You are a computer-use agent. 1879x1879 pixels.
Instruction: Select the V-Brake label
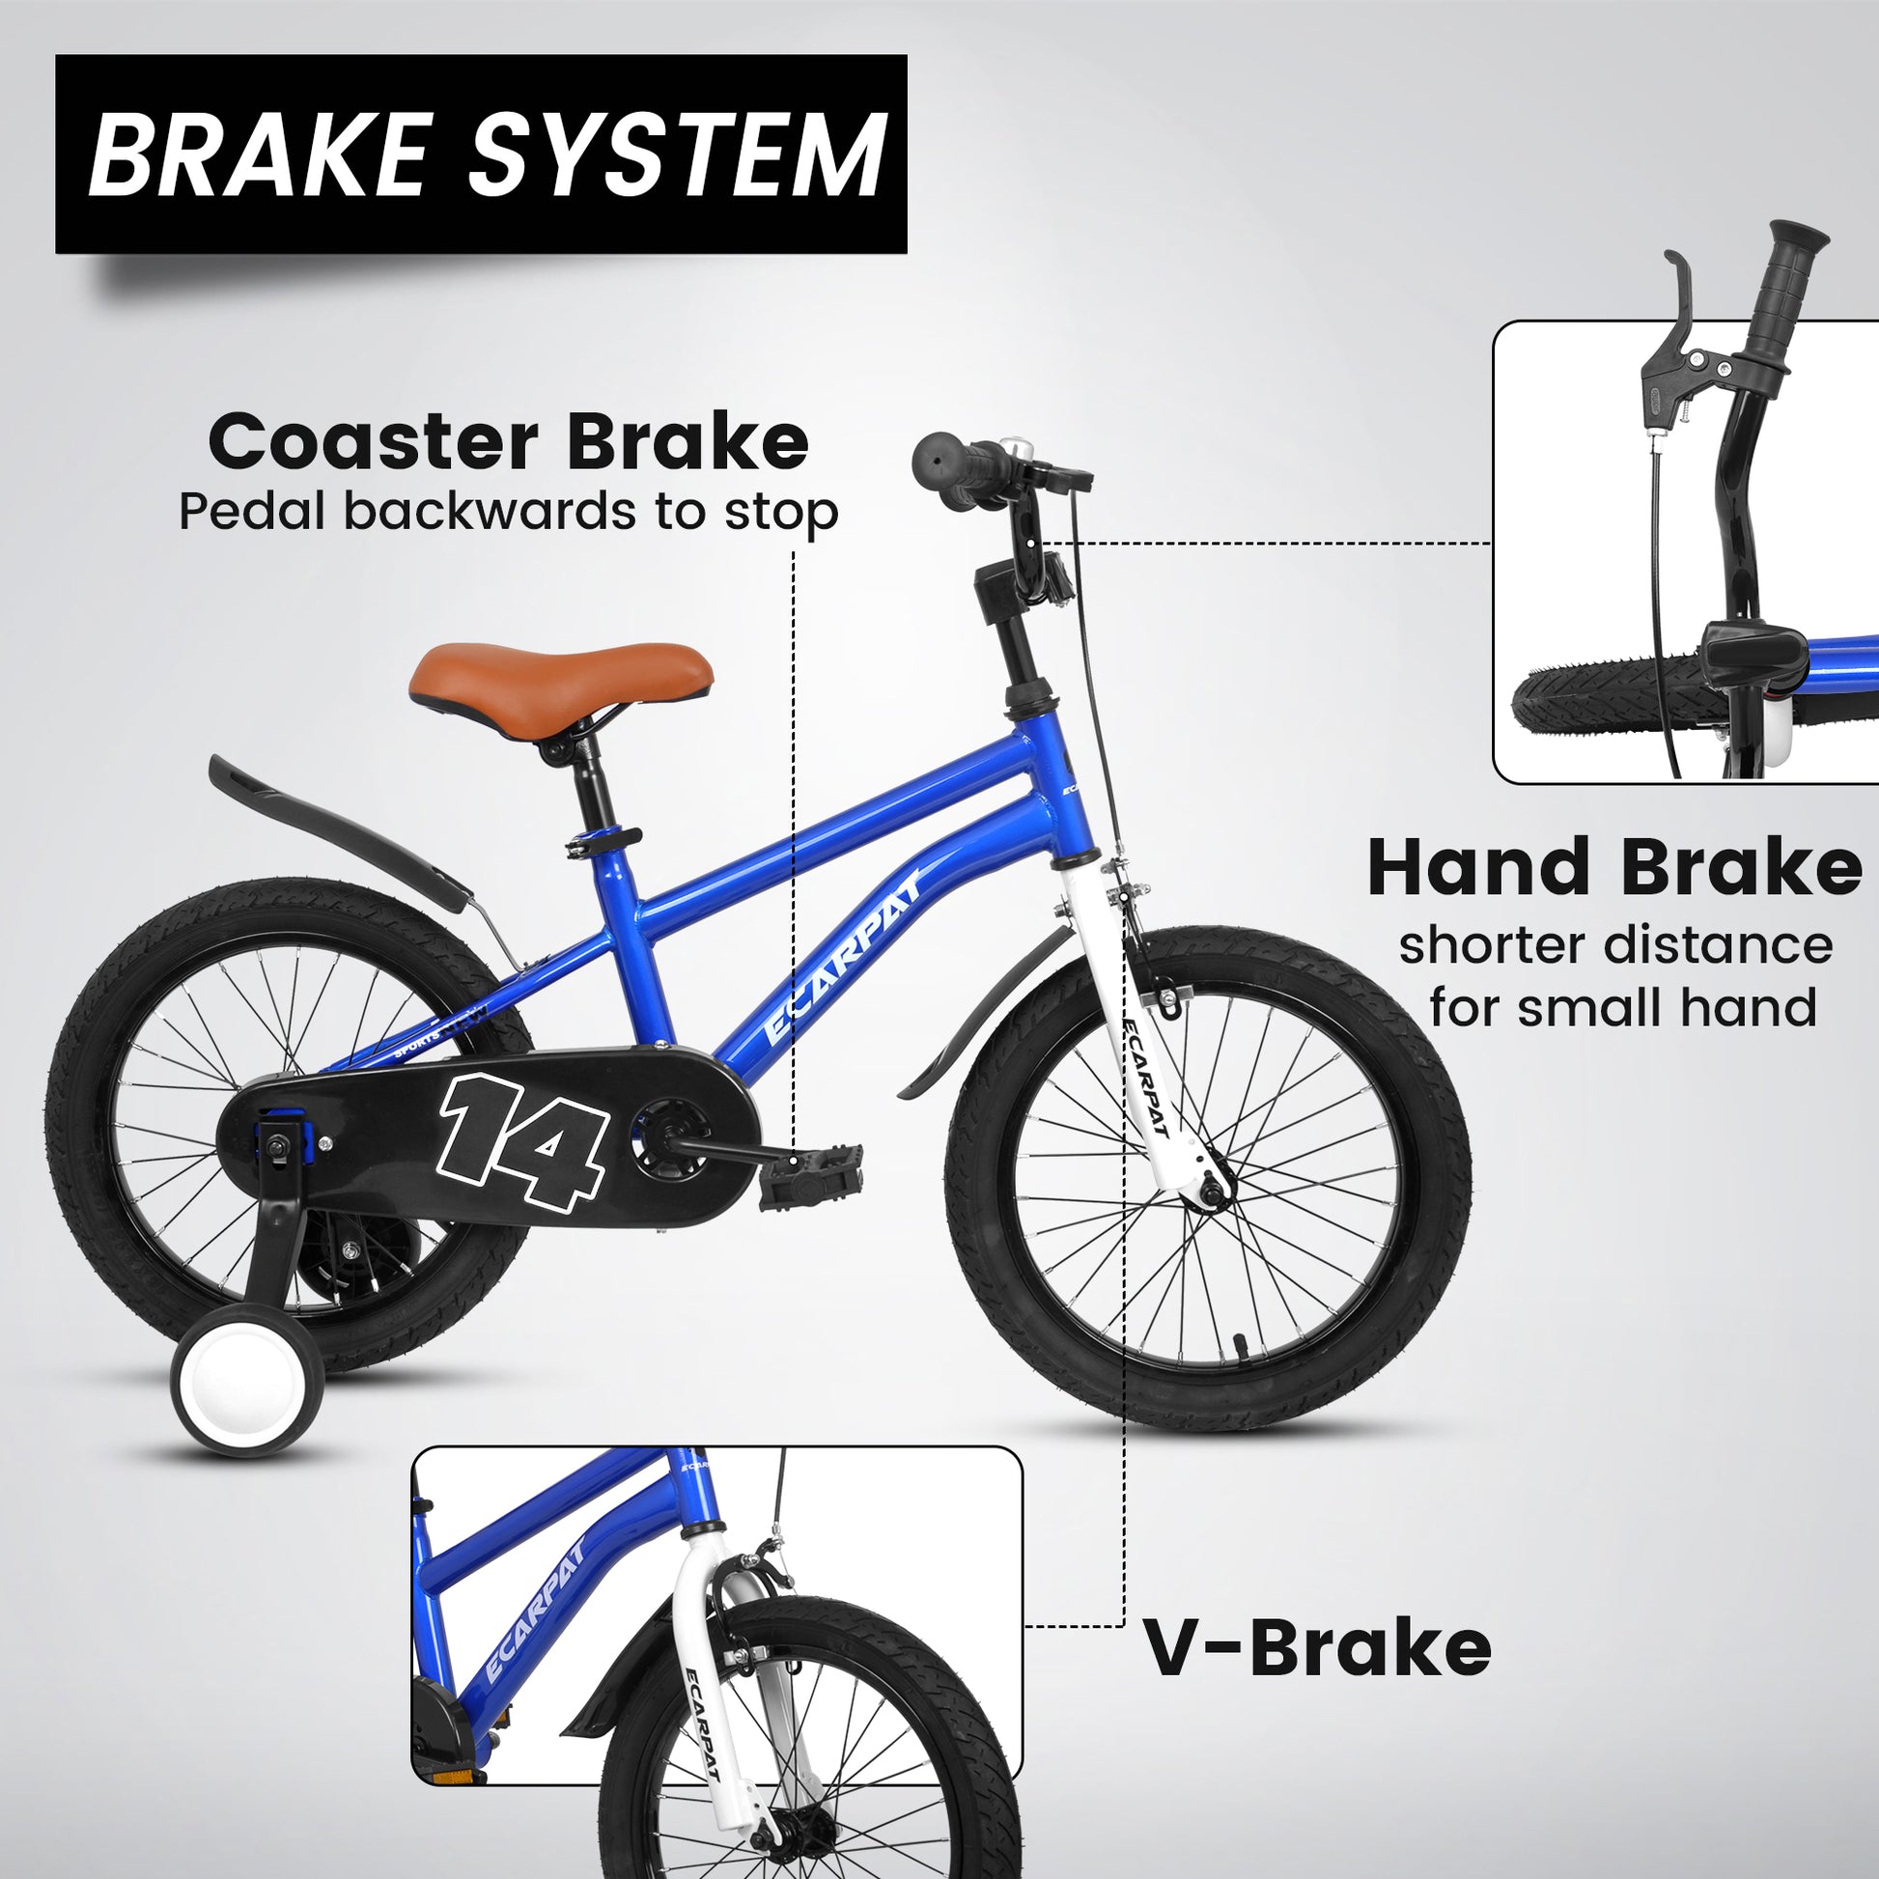pos(1316,1647)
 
